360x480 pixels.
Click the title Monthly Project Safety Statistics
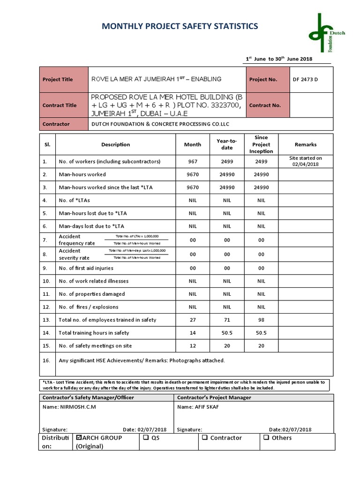tap(180, 26)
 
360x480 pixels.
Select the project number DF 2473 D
tap(305, 79)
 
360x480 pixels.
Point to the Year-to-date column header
tap(227, 144)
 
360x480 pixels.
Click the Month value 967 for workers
tap(193, 161)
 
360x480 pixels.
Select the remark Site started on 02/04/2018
tap(306, 161)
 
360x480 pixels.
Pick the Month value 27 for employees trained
tap(193, 320)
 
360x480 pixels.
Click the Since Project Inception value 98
tap(261, 320)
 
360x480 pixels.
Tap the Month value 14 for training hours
tap(193, 333)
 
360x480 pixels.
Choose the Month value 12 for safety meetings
tap(193, 346)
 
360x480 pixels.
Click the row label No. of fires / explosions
tap(89, 307)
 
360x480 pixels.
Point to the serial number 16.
tap(46, 360)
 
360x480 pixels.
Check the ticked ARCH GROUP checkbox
tap(79, 438)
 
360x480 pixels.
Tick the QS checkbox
tap(146, 438)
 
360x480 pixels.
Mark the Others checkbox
tap(266, 438)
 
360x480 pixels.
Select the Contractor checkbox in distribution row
tap(204, 438)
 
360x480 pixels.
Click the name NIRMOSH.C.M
tap(78, 407)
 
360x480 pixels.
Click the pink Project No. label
tap(263, 79)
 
